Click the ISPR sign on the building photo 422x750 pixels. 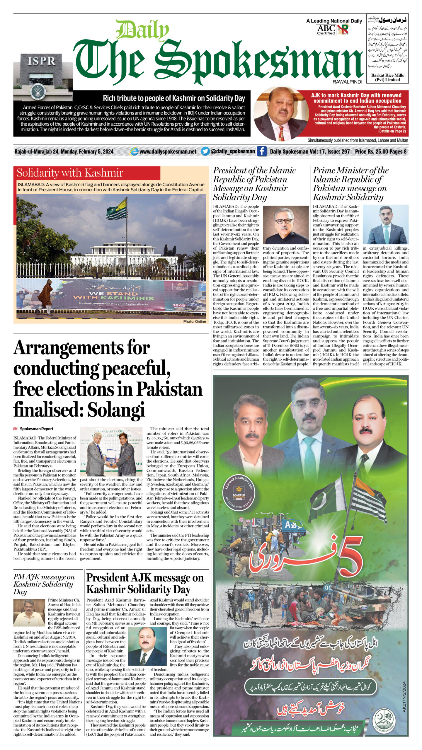(x=41, y=61)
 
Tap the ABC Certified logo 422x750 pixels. (x=326, y=30)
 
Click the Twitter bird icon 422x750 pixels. (x=205, y=151)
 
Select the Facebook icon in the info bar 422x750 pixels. (x=262, y=151)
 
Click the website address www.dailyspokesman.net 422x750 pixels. (x=168, y=151)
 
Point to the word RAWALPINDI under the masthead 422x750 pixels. (x=347, y=82)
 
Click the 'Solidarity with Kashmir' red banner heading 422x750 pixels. (x=70, y=173)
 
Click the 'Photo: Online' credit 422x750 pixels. (x=195, y=321)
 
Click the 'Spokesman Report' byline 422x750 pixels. (x=36, y=429)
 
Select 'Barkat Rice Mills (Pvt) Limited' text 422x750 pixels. (x=387, y=77)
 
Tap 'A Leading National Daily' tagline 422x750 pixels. (x=334, y=21)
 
